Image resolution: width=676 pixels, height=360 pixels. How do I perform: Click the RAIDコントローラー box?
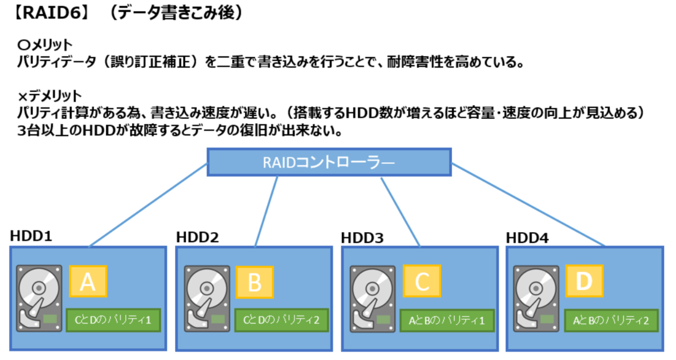330,162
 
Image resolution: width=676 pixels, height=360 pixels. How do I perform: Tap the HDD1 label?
31,236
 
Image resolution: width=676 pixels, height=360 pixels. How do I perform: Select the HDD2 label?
197,237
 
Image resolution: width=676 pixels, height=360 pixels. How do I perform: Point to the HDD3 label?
362,237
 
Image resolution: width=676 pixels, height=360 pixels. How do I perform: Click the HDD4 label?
527,237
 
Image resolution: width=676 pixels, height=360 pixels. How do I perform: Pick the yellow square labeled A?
88,282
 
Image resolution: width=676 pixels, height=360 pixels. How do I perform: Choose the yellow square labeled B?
254,282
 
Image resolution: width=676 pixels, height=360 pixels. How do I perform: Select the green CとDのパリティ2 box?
281,320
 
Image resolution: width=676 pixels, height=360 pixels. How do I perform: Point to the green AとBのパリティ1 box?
446,320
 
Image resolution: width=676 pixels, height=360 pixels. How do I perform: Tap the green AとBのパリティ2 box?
611,320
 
